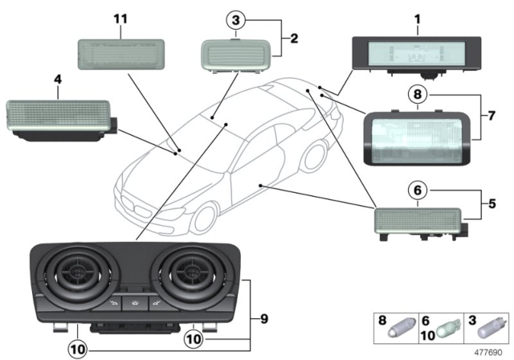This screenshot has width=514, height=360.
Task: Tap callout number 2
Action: pyautogui.click(x=294, y=38)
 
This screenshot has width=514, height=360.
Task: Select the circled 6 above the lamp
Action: pyautogui.click(x=418, y=190)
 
